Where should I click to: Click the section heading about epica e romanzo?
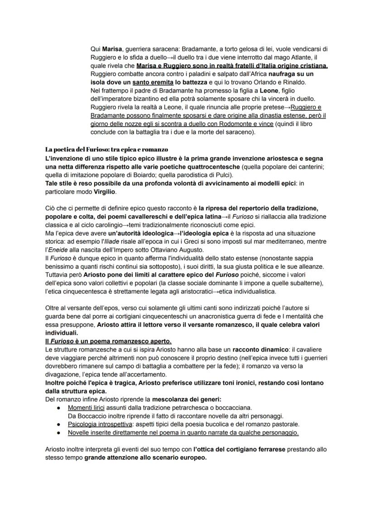click(x=107, y=149)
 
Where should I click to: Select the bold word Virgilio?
click(x=105, y=192)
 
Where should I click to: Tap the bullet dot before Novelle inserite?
click(x=59, y=433)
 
